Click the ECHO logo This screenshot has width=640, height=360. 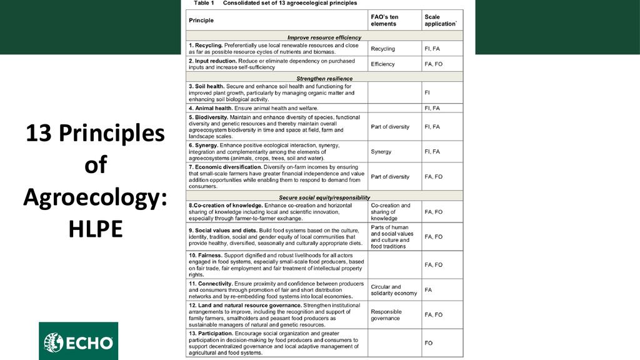[78, 342]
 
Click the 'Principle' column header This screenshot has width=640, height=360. [201, 21]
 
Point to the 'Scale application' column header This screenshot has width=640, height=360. [440, 20]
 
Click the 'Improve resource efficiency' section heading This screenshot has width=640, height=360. [324, 37]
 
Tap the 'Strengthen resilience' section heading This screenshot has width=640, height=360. [324, 78]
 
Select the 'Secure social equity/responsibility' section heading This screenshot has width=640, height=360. [324, 197]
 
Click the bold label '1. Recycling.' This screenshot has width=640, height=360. [205, 46]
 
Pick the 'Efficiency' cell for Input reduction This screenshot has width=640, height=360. [382, 64]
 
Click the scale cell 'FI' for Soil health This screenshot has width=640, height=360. [427, 92]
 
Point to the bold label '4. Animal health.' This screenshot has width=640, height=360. [211, 108]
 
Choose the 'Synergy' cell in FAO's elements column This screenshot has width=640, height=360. [381, 152]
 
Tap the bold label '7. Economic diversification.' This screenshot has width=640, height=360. [225, 167]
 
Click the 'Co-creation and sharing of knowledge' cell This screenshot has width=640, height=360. [390, 212]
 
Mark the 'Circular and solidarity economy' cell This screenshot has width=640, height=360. [393, 290]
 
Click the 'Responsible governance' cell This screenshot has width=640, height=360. [386, 315]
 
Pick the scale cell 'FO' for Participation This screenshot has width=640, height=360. [429, 343]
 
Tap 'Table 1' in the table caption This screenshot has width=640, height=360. [204, 3]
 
